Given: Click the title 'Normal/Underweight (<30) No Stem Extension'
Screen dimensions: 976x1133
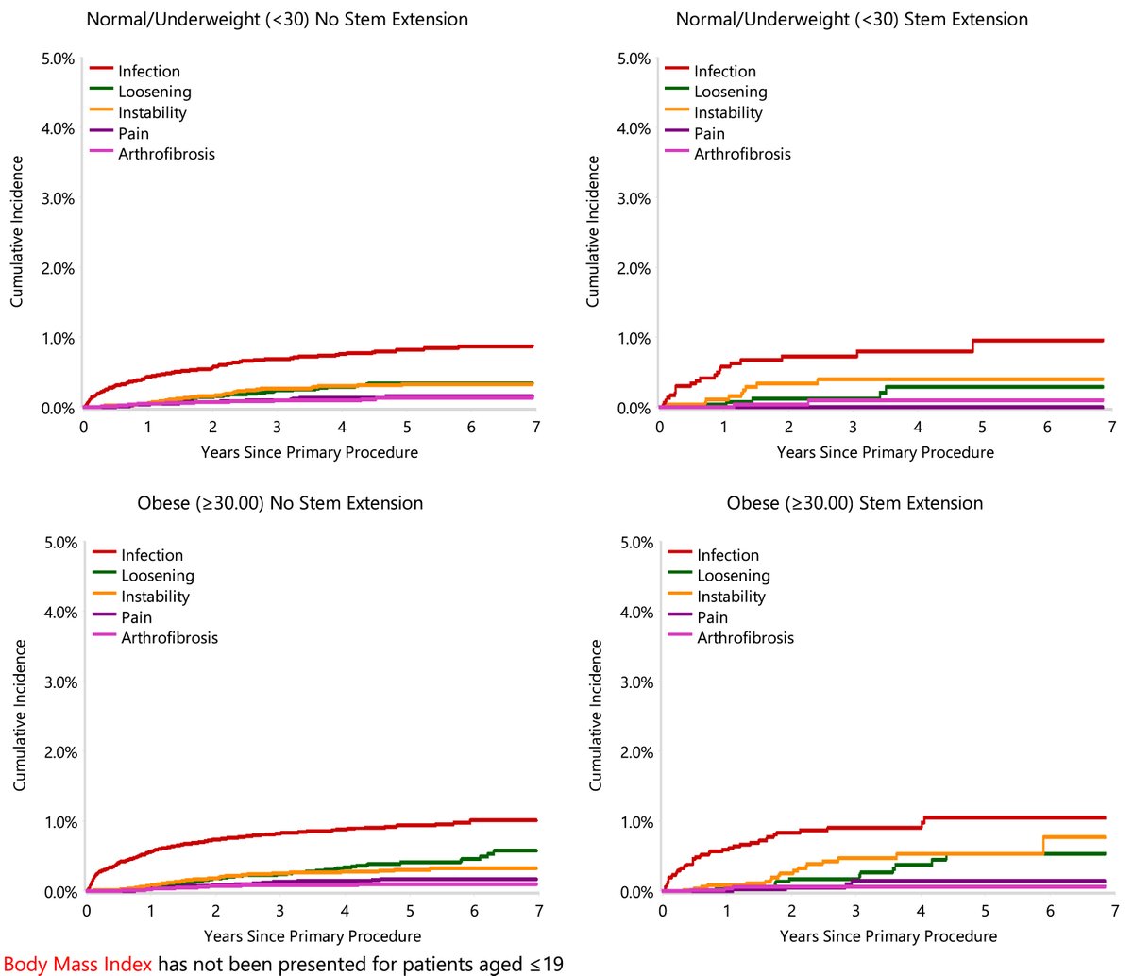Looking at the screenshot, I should [x=277, y=19].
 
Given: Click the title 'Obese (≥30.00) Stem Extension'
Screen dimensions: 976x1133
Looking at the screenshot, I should [x=854, y=503].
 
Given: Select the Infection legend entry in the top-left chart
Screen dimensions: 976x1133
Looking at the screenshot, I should [x=148, y=71].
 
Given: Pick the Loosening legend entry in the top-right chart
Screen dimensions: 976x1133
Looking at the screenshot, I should [x=730, y=92].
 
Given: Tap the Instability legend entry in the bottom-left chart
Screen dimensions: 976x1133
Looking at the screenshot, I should [x=155, y=597].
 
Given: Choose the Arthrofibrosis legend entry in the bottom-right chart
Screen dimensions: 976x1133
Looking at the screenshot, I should [x=745, y=638].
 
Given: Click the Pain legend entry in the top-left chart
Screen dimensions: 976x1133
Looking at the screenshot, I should [x=133, y=133].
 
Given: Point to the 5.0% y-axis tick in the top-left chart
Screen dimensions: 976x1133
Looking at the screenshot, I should [x=58, y=59].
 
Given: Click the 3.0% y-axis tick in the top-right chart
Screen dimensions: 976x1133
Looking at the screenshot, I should [x=634, y=199].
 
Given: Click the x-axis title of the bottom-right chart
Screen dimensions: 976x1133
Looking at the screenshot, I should [x=888, y=936].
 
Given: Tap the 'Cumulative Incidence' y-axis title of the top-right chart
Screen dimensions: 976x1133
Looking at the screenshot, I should [x=593, y=231].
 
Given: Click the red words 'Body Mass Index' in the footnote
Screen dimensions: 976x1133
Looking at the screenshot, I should [x=77, y=964].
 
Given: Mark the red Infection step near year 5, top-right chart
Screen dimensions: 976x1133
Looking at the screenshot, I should [x=972, y=345].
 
